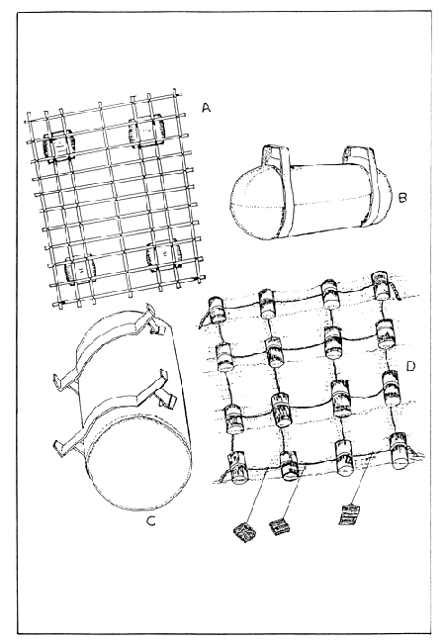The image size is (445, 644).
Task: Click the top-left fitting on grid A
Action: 59,146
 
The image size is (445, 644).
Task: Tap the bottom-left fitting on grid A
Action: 77,269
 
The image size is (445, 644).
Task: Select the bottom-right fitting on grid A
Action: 161,255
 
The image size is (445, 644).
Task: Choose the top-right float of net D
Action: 380,287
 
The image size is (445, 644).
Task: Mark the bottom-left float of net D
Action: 236,465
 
